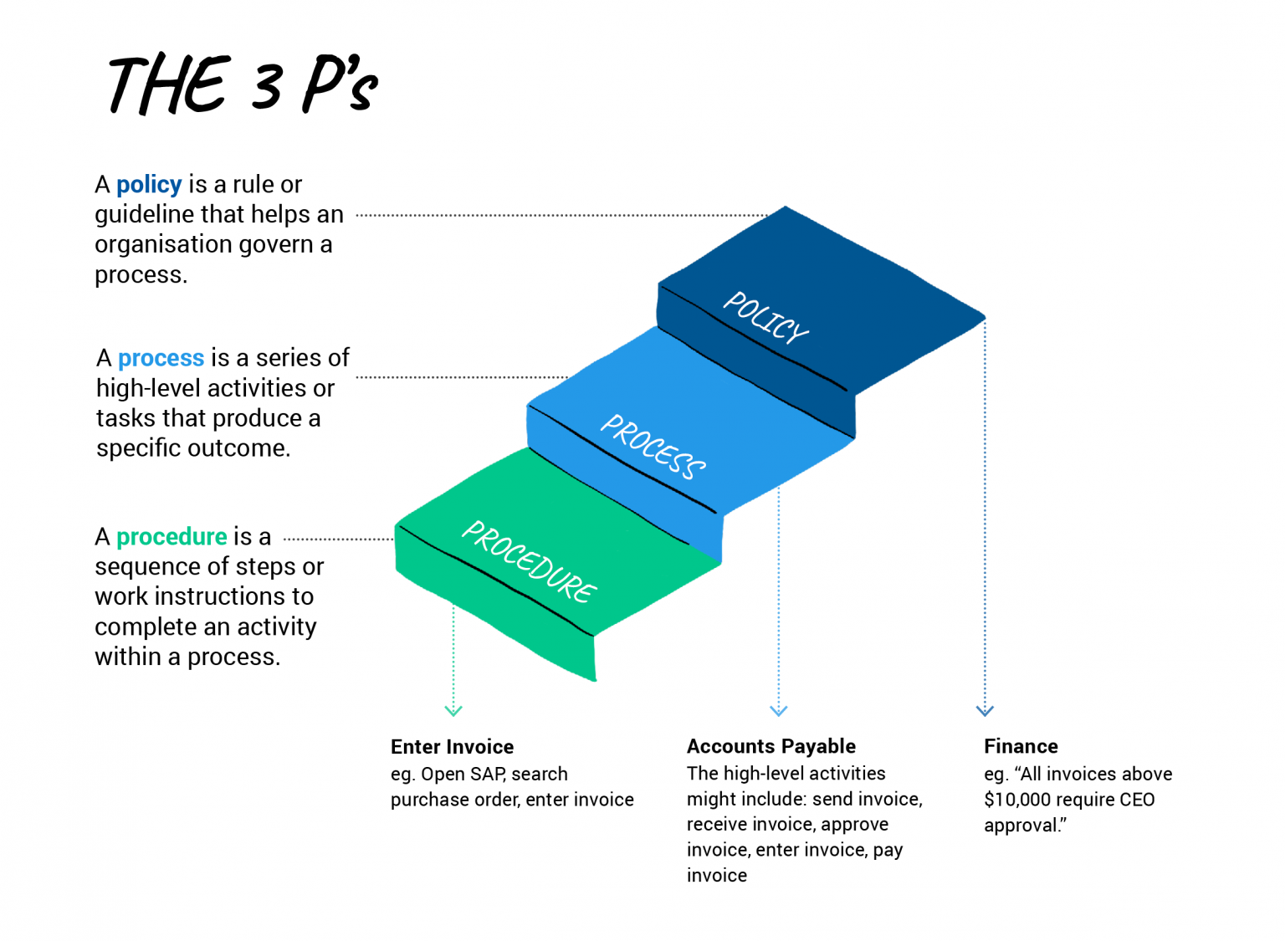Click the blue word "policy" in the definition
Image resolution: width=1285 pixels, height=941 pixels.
[x=149, y=184]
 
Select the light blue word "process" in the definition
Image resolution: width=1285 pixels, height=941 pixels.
[x=161, y=358]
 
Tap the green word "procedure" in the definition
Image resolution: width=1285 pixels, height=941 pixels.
[x=172, y=536]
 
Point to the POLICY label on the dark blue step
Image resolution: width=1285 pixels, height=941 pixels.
[x=765, y=317]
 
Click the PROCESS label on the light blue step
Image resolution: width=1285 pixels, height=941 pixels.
[x=653, y=446]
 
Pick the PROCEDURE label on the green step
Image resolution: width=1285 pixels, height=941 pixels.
[x=529, y=561]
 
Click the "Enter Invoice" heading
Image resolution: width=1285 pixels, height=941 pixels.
[x=452, y=747]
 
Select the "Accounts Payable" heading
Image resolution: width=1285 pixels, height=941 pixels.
[x=770, y=746]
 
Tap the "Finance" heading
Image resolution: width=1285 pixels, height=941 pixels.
[x=1021, y=746]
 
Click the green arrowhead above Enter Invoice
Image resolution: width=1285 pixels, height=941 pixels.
[x=453, y=710]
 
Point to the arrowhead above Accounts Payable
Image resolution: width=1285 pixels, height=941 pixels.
[x=779, y=710]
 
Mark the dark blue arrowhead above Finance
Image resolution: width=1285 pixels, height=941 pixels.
[x=985, y=710]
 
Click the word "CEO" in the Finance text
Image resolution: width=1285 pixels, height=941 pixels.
[x=1136, y=800]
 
